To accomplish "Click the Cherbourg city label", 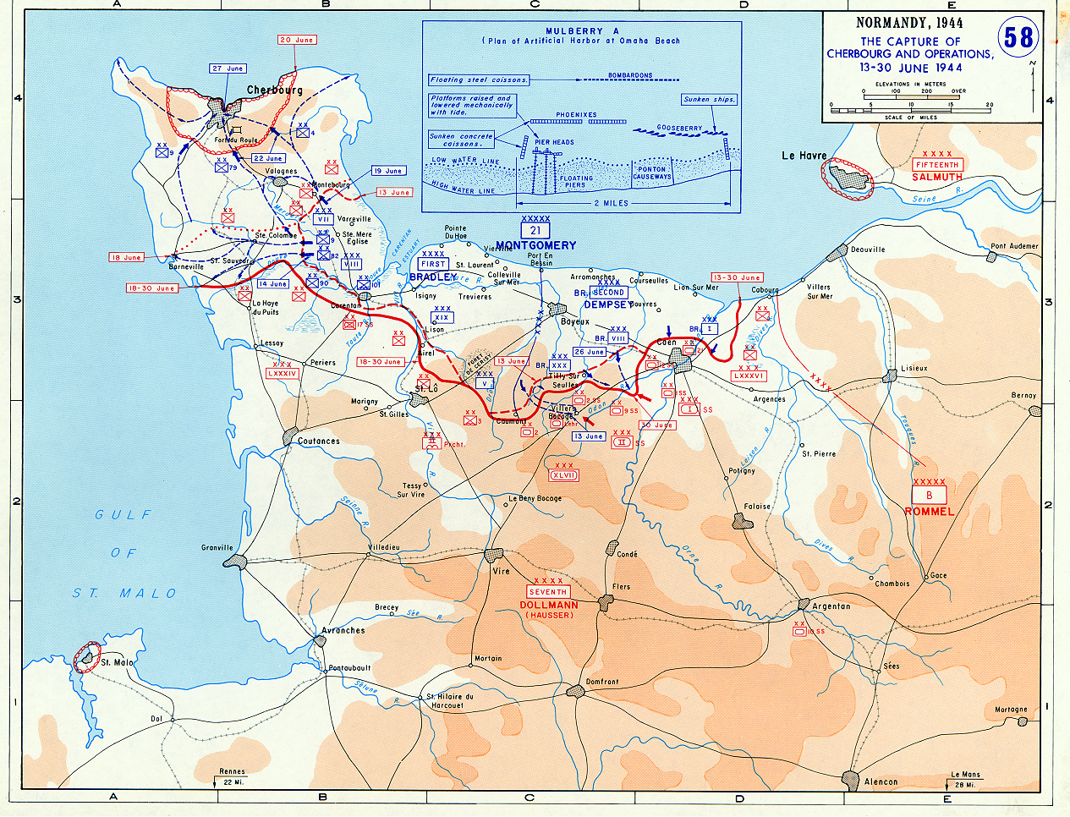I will pyautogui.click(x=274, y=90).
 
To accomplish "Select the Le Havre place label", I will pyautogui.click(x=804, y=156).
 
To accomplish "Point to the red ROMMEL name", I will pyautogui.click(x=929, y=511).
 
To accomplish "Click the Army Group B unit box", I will pyautogui.click(x=929, y=495).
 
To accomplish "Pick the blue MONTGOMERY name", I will pyautogui.click(x=535, y=245).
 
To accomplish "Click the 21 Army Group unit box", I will pyautogui.click(x=535, y=230).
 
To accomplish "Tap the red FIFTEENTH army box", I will pyautogui.click(x=936, y=165).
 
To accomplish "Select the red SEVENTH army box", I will pyautogui.click(x=548, y=592).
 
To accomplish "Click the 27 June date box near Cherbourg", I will pyautogui.click(x=228, y=69).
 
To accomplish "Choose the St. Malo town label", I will pyautogui.click(x=118, y=662).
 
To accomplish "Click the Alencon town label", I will pyautogui.click(x=881, y=781).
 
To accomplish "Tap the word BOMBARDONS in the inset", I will pyautogui.click(x=630, y=74).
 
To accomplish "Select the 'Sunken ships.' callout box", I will pyautogui.click(x=709, y=100).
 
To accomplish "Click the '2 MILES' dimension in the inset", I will pyautogui.click(x=611, y=203).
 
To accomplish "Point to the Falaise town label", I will pyautogui.click(x=757, y=507).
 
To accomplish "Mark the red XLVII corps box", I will pyautogui.click(x=564, y=475).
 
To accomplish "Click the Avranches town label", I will pyautogui.click(x=343, y=630).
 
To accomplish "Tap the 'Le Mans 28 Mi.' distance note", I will pyautogui.click(x=965, y=779).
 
